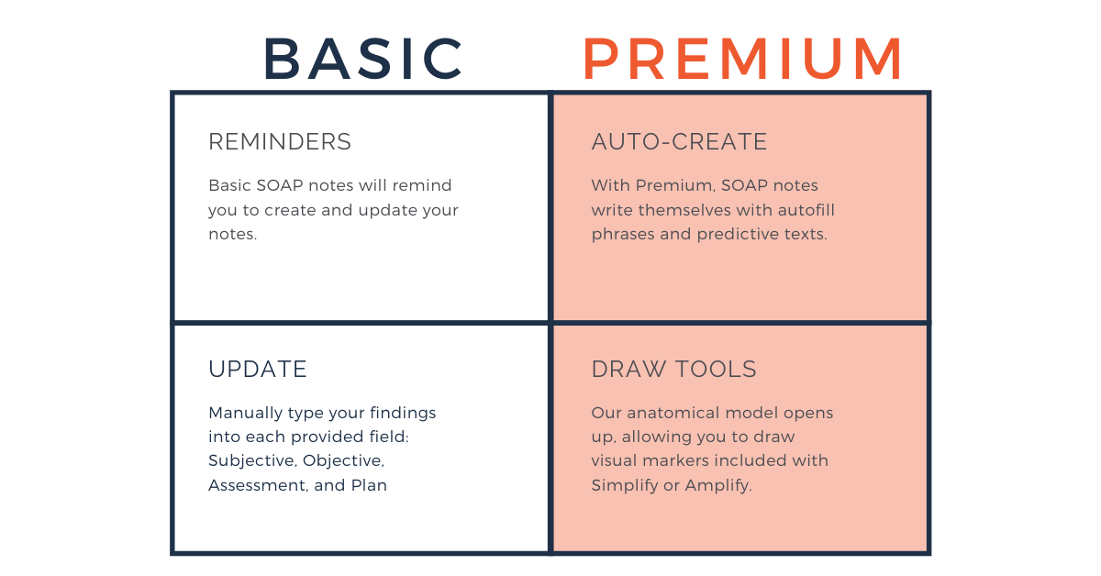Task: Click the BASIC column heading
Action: point(363,58)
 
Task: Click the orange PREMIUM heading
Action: point(742,58)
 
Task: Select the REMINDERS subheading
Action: point(280,141)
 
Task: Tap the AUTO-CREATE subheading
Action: point(679,141)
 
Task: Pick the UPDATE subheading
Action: point(258,369)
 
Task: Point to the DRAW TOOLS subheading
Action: point(673,369)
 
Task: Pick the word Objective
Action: point(343,461)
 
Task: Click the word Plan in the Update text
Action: point(369,485)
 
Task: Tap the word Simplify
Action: point(624,485)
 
